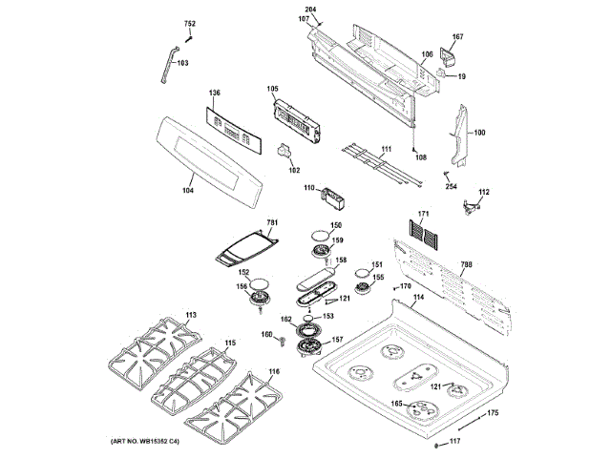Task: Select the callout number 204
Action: coord(310,10)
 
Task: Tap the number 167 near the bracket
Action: coord(457,37)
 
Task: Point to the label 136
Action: coord(215,93)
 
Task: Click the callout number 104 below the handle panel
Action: coord(187,192)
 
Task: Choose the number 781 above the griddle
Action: coord(272,222)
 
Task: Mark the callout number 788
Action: coord(467,264)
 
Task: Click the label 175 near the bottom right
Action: coord(493,413)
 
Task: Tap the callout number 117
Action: coord(455,441)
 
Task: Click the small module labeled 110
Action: coord(334,196)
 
